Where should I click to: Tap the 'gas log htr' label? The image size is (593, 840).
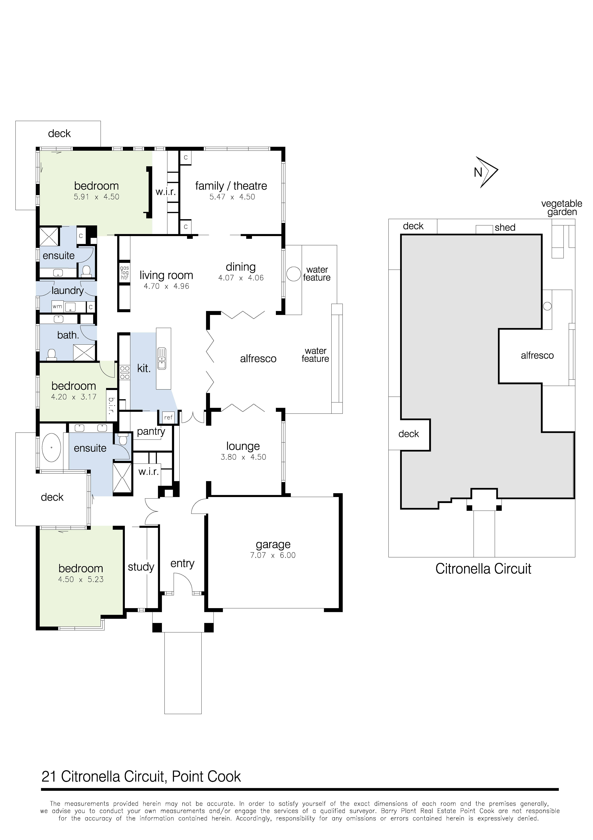(124, 273)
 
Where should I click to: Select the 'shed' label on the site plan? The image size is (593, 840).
(505, 228)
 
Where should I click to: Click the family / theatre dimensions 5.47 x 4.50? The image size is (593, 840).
(232, 197)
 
